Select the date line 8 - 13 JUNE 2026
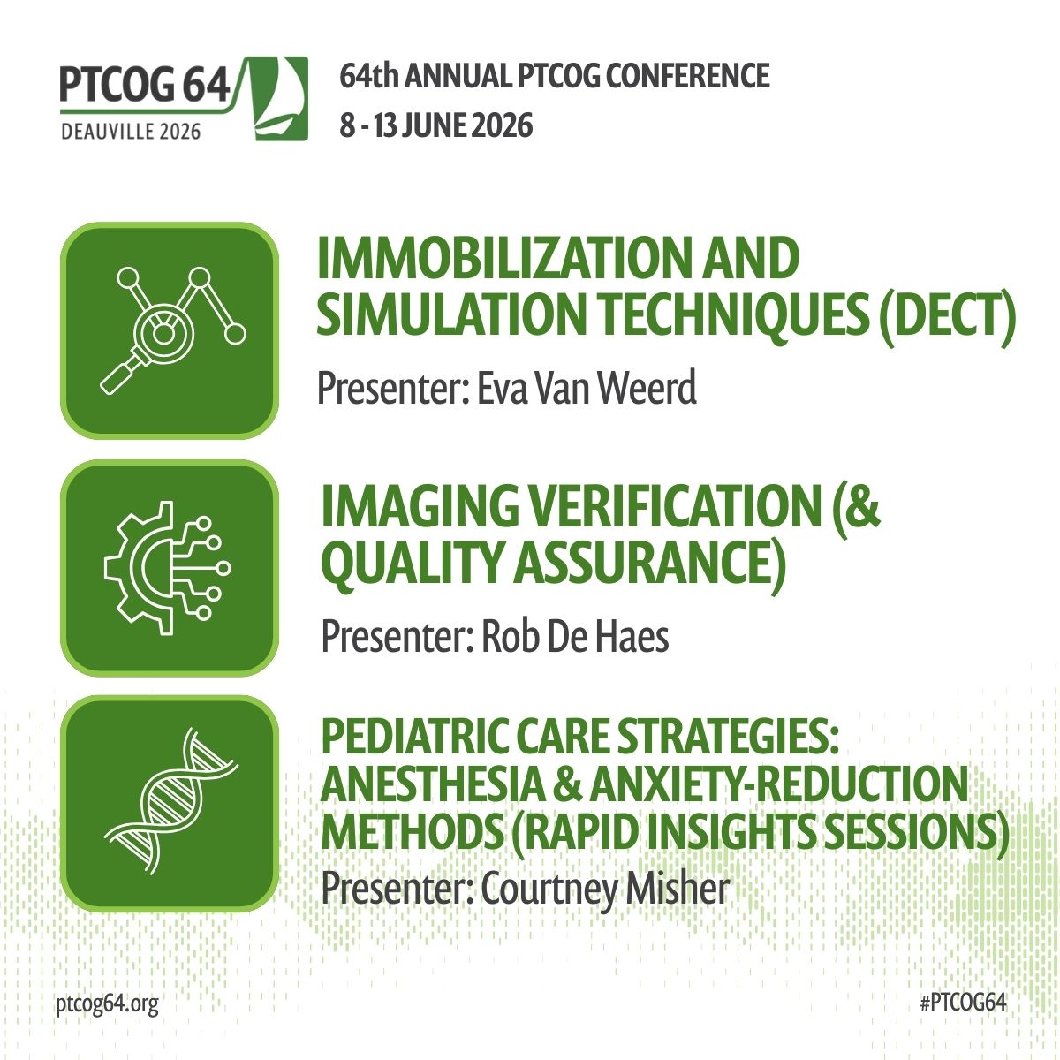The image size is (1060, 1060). (436, 125)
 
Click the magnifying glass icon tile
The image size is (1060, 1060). (170, 330)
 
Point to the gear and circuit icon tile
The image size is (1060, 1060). (170, 567)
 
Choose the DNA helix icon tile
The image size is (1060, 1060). (170, 803)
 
